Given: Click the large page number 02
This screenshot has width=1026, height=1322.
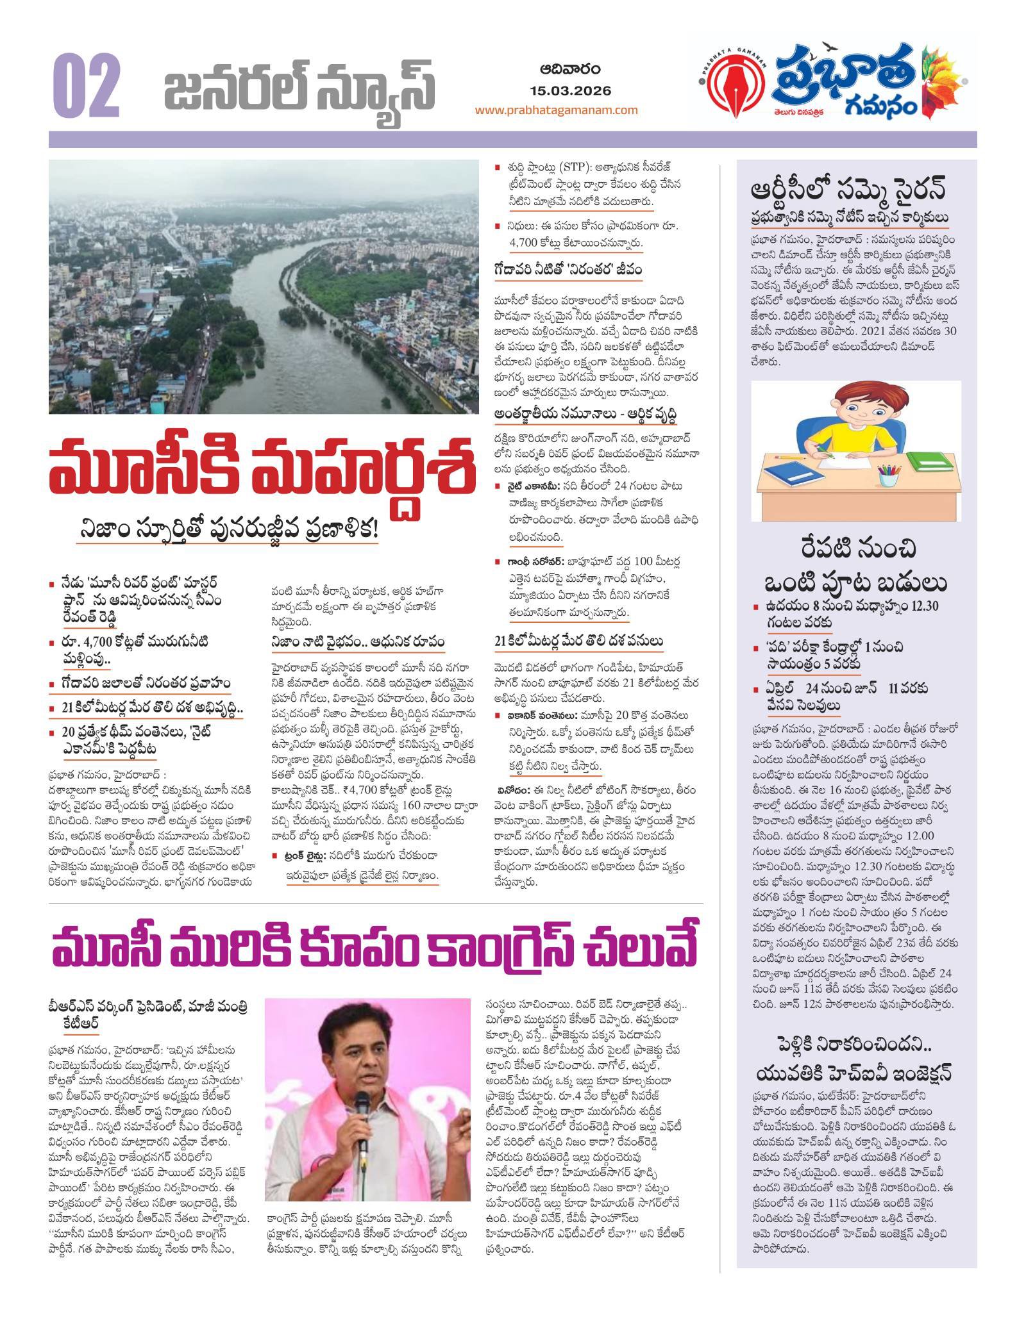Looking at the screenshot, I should pyautogui.click(x=87, y=85).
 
